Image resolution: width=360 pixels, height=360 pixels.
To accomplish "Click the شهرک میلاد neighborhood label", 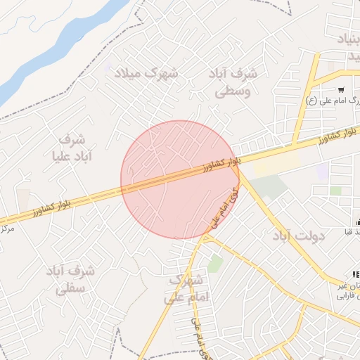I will tap(150, 72).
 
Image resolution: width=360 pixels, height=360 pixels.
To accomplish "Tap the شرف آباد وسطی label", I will tap(233, 82).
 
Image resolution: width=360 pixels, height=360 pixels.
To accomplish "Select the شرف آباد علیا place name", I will tap(68, 146).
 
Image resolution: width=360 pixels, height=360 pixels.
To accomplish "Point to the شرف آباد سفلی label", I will tap(70, 278).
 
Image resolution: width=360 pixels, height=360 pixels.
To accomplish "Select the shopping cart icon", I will tap(341, 89).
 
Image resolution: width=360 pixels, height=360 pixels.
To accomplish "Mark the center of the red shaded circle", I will tap(180, 179).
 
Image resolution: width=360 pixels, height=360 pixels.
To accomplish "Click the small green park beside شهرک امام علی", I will tap(215, 264).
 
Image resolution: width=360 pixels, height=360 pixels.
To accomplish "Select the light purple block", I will tap(322, 172).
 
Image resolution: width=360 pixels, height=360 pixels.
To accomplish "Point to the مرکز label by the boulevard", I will tap(7, 229).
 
